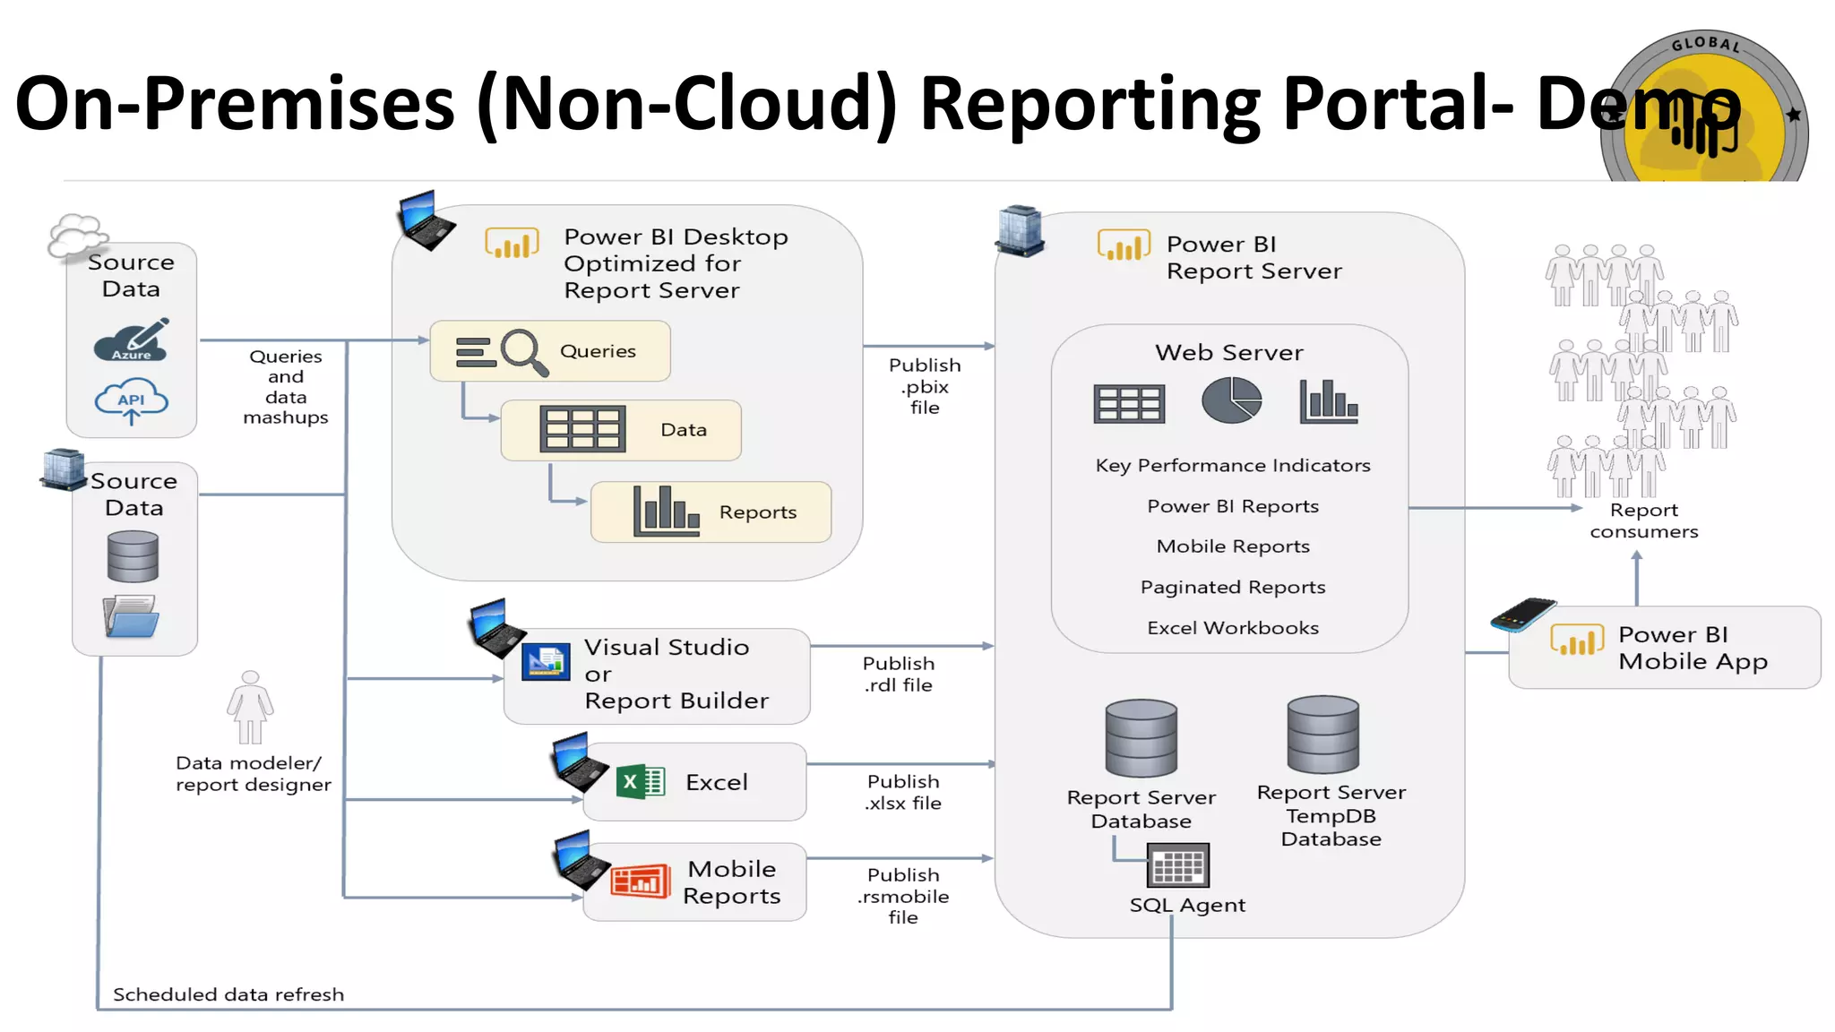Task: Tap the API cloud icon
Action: click(x=131, y=401)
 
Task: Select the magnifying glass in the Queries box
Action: click(x=523, y=351)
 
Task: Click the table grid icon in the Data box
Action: click(x=582, y=429)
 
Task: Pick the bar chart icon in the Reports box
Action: click(x=665, y=512)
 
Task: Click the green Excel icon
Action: click(x=640, y=782)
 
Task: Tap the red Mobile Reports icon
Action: click(x=640, y=881)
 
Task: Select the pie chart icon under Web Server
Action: click(x=1231, y=400)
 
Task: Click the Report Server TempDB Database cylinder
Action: click(x=1322, y=735)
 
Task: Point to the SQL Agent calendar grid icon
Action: click(x=1177, y=865)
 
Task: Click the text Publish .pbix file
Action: click(x=925, y=386)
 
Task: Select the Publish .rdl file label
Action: click(x=898, y=675)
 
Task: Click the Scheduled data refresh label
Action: click(x=228, y=994)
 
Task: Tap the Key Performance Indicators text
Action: click(x=1232, y=466)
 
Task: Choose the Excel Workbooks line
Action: click(x=1232, y=628)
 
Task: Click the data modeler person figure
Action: click(x=250, y=708)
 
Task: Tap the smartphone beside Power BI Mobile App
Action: click(x=1522, y=615)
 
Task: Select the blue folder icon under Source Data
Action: click(x=131, y=616)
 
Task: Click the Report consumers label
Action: click(x=1643, y=520)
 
